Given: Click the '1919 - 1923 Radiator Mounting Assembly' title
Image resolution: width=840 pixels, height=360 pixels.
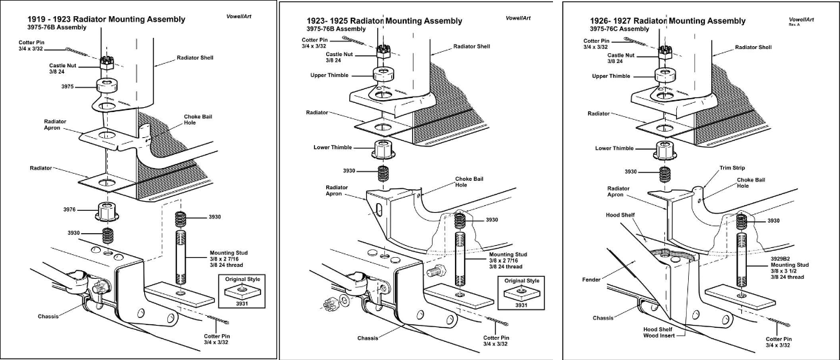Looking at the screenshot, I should point(97,19).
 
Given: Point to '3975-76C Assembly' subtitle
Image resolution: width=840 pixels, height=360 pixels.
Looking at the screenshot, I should point(619,29).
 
